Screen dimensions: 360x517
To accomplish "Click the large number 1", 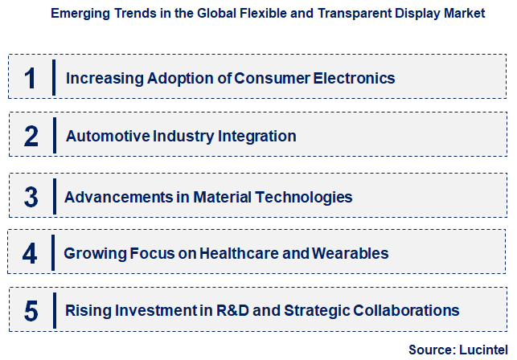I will [x=31, y=79].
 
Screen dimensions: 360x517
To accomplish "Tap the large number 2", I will [x=31, y=137].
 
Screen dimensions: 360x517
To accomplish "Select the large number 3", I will [x=31, y=197].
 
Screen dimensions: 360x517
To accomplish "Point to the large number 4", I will [x=31, y=254].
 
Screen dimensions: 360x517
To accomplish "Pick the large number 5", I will [x=31, y=310].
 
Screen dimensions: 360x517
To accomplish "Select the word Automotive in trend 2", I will [x=101, y=137].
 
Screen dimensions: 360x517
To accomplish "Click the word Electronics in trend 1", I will [x=353, y=79].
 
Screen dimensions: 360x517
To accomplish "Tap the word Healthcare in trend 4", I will [x=229, y=254].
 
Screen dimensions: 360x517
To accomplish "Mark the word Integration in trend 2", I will [x=255, y=137].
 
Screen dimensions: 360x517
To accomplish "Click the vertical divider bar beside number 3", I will [x=54, y=197].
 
